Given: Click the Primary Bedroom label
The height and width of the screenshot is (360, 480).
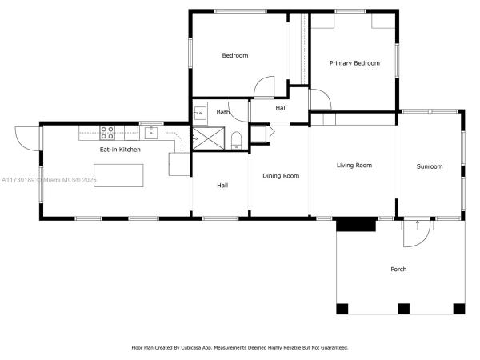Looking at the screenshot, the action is (354, 63).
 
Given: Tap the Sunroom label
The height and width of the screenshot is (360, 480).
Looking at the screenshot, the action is (430, 166).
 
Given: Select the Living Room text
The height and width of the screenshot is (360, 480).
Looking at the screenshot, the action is (354, 166).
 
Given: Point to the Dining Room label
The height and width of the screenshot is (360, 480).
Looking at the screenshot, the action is (281, 176).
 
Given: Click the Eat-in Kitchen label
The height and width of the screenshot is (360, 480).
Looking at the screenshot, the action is (120, 150).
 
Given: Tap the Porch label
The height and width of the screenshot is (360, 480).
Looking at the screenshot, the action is (398, 269).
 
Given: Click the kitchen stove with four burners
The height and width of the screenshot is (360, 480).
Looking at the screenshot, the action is (107, 133).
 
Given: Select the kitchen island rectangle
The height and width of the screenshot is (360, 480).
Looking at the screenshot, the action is (118, 175).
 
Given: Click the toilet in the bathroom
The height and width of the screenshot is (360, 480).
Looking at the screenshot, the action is (236, 141).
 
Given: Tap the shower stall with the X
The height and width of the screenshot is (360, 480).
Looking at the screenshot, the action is (208, 138).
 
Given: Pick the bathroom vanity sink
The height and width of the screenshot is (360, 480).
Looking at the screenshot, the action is (200, 114).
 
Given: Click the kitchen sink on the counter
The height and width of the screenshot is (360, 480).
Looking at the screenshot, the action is (151, 133).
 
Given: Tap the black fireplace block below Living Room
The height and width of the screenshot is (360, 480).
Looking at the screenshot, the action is (356, 224).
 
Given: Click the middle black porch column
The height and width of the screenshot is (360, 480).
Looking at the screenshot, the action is (403, 309).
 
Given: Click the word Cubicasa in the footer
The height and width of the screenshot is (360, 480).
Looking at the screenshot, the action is (191, 348).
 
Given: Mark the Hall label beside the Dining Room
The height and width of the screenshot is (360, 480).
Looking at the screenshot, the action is (222, 186).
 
